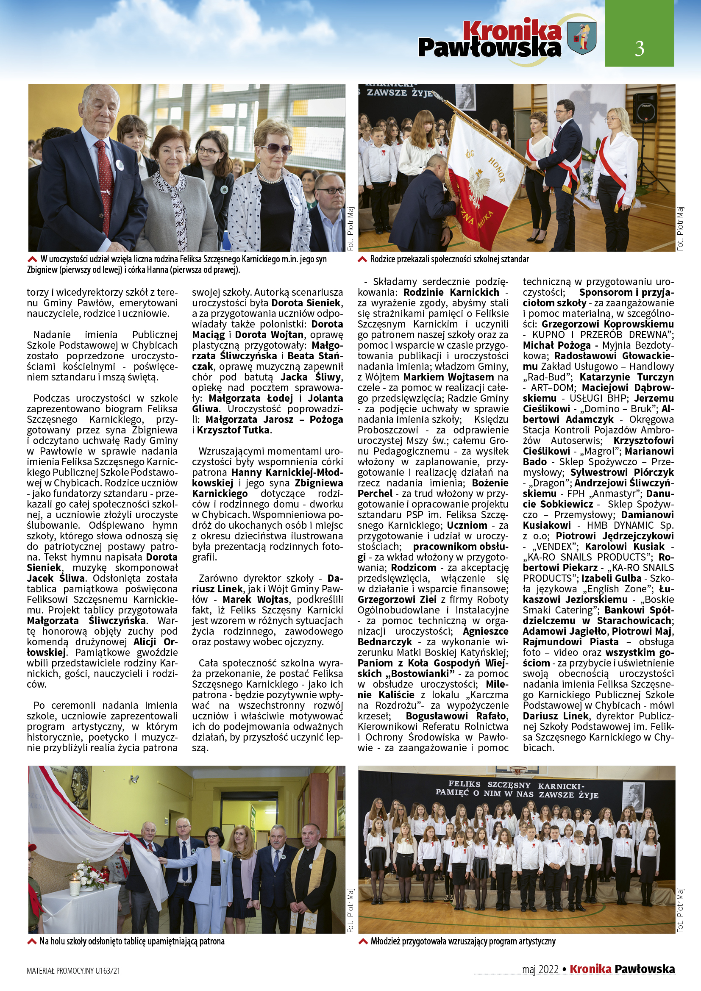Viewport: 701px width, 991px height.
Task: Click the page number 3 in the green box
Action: [x=639, y=48]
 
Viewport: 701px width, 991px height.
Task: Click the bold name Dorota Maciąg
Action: [x=267, y=329]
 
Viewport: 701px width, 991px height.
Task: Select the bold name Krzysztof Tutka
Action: [x=234, y=430]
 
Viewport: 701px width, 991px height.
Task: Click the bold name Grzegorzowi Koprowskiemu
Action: [x=607, y=324]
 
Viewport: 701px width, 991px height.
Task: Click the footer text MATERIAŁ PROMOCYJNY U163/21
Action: [x=73, y=971]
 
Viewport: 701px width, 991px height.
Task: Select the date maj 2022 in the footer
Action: [x=540, y=969]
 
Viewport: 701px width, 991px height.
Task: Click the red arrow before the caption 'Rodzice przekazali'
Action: [x=363, y=259]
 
